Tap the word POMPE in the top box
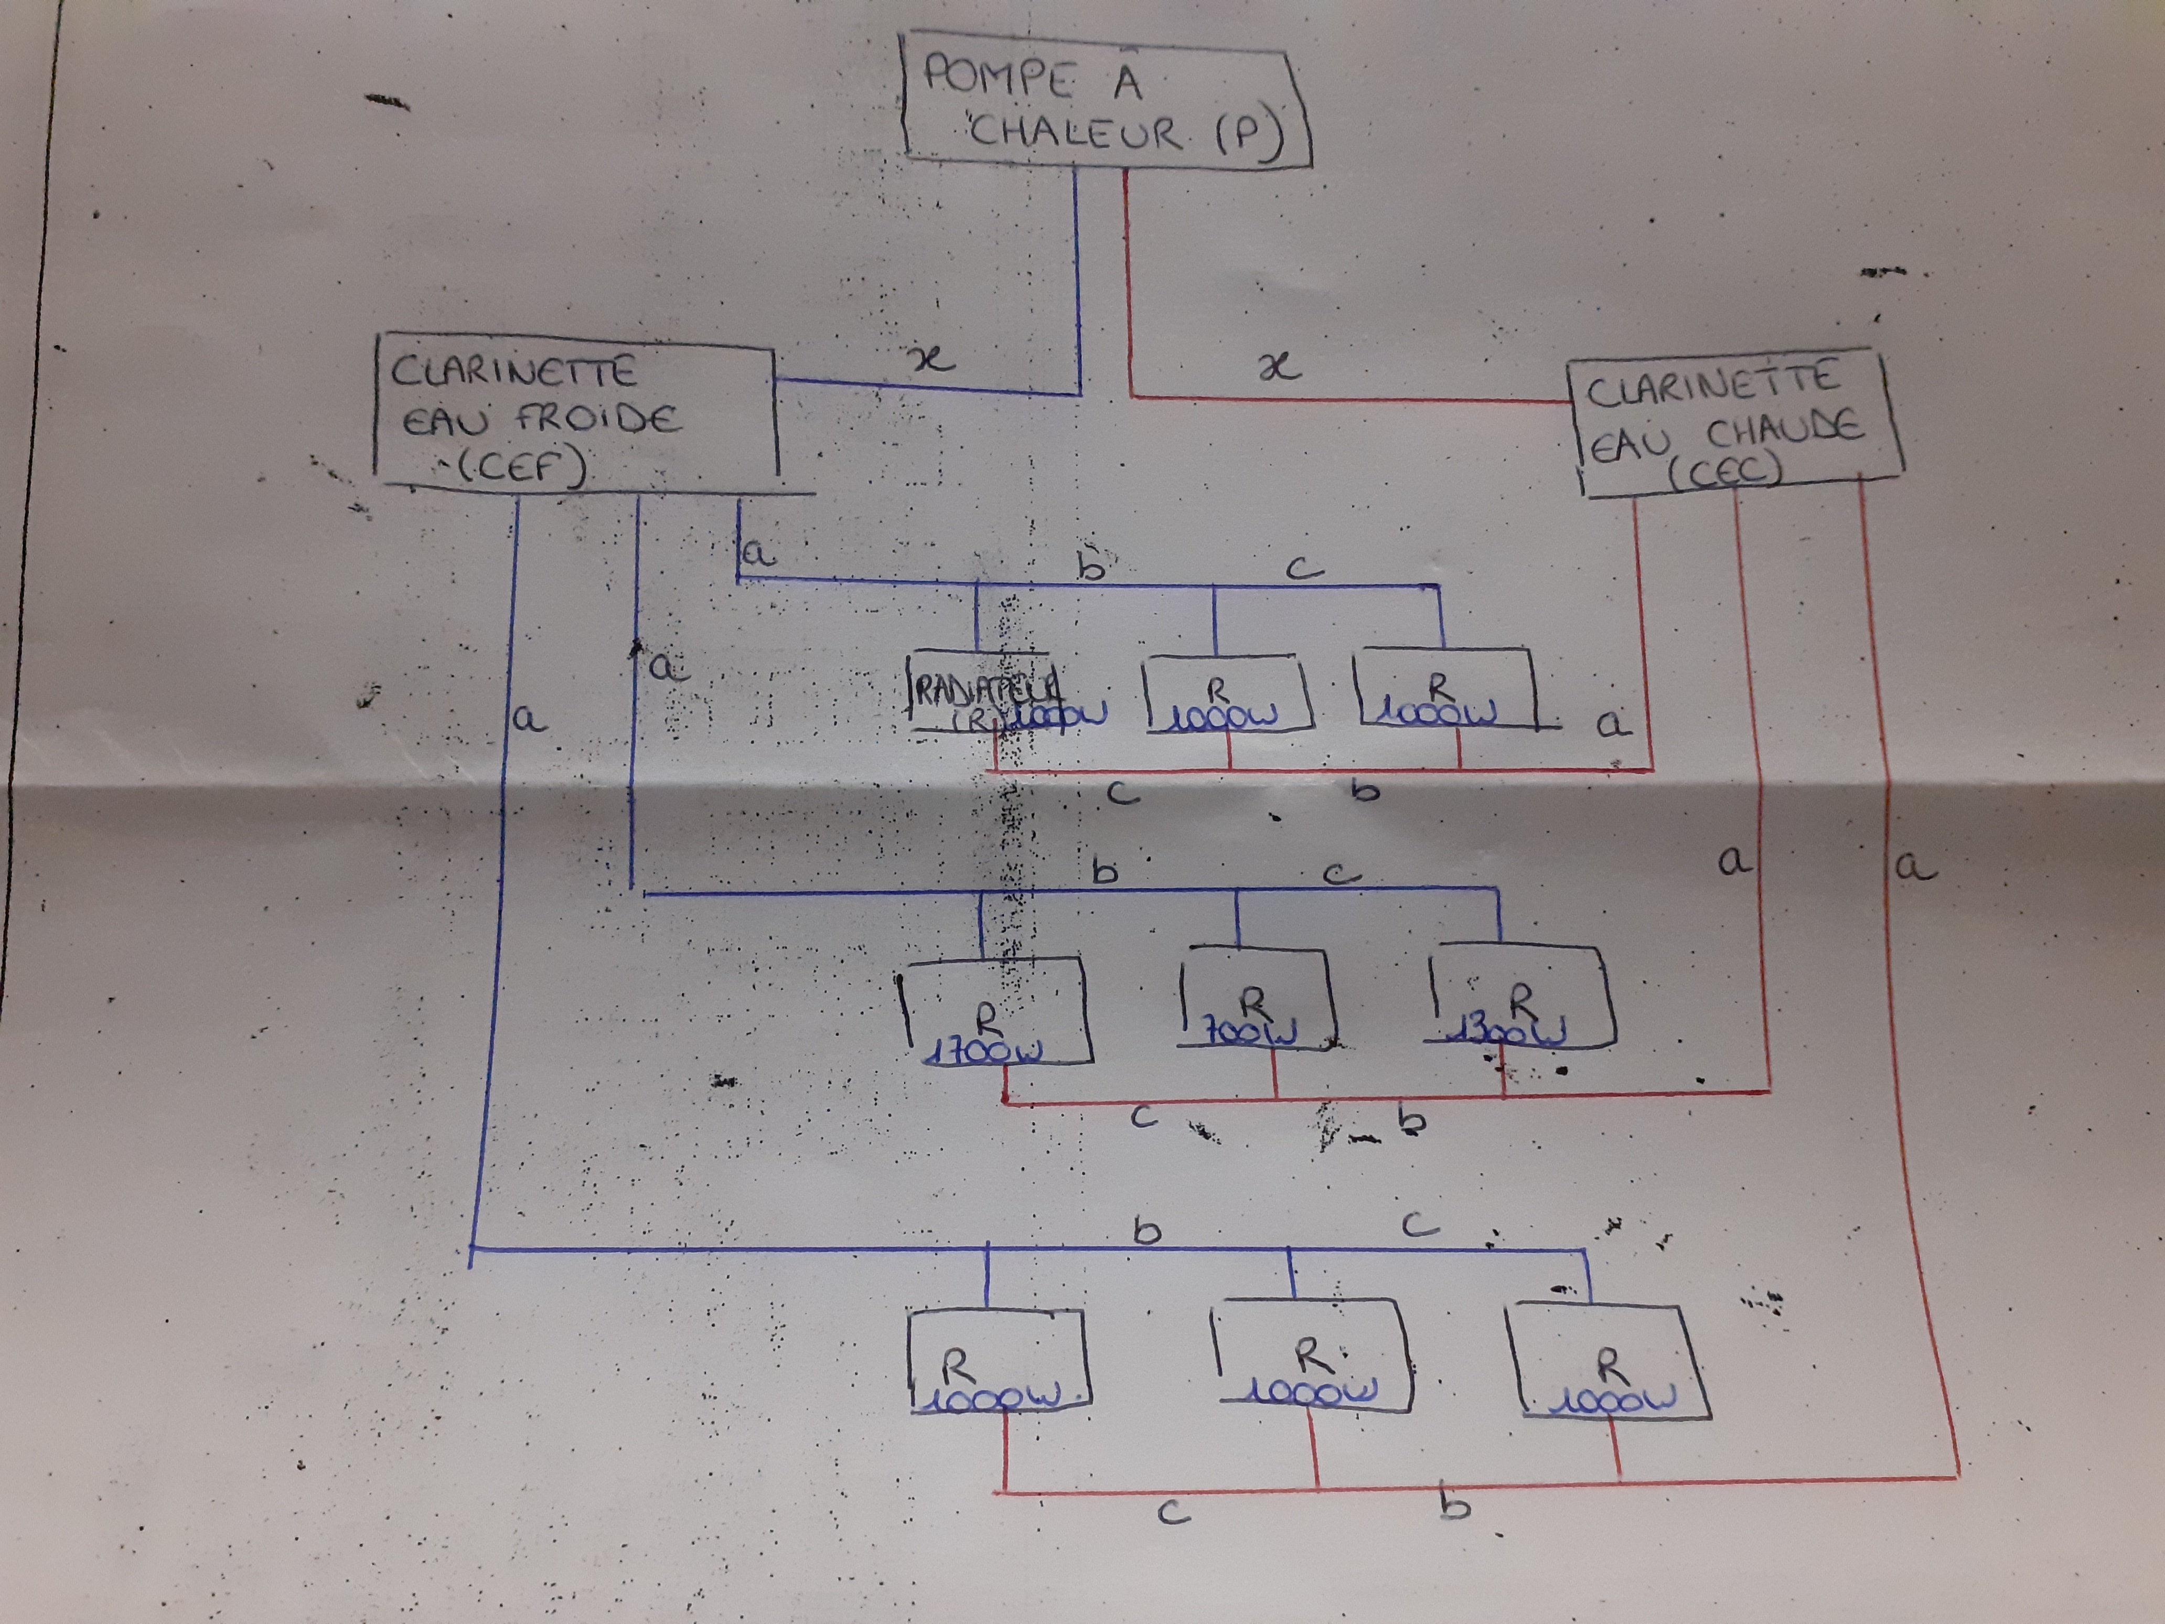point(999,77)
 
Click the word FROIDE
point(597,419)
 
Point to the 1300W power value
point(1512,1031)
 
